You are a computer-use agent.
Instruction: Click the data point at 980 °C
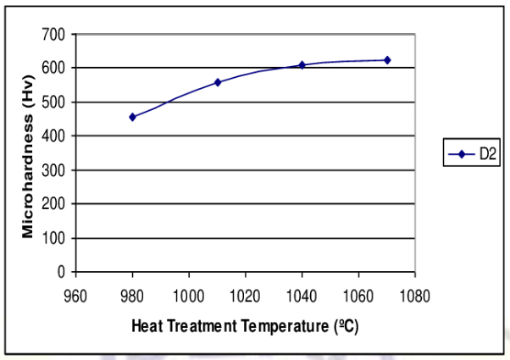(132, 117)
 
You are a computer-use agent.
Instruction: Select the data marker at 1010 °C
(218, 82)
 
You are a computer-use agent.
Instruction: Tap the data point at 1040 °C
(302, 64)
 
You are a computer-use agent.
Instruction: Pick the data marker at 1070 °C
(387, 60)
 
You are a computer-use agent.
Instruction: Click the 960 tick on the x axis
(76, 296)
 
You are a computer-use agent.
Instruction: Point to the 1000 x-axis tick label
(189, 296)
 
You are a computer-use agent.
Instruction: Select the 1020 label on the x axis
(246, 296)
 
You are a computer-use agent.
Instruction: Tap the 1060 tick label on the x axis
(358, 296)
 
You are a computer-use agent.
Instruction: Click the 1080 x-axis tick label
(414, 296)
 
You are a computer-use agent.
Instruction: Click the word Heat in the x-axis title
(145, 326)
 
